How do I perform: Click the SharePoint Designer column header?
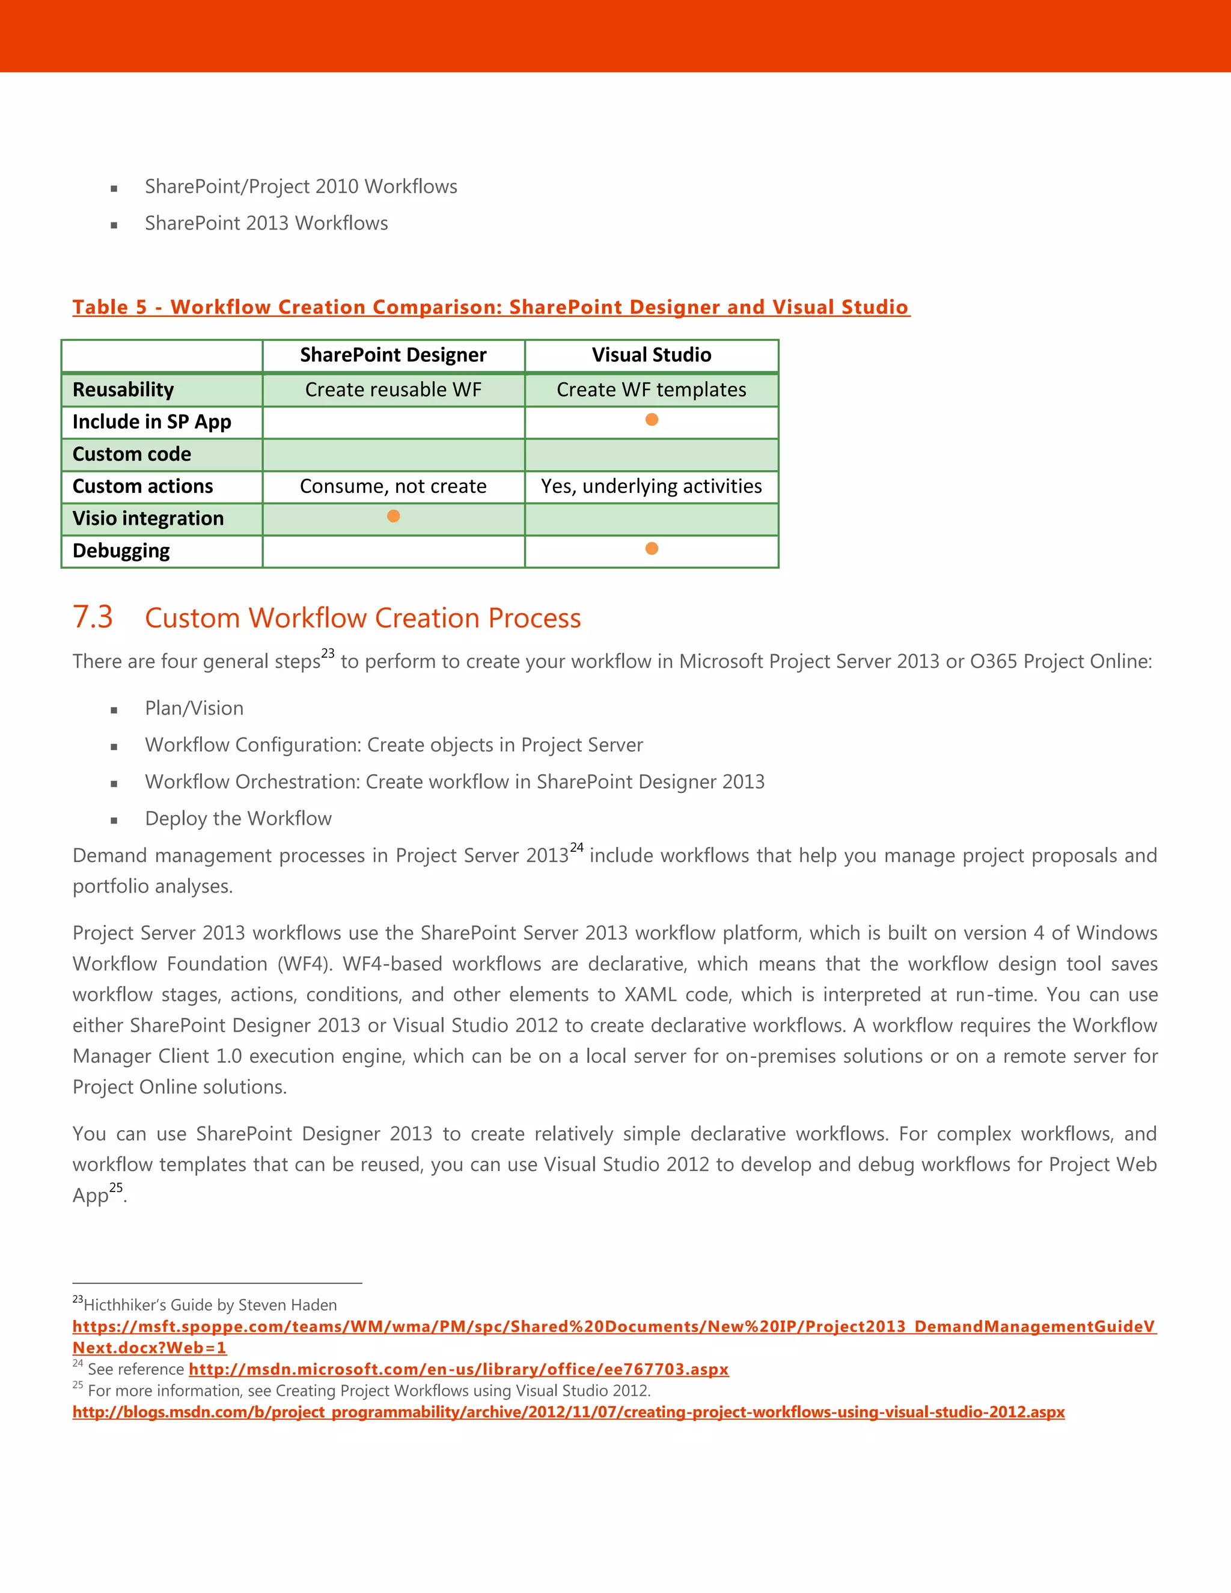(393, 355)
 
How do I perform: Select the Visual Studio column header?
(651, 355)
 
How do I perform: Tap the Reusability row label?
(123, 390)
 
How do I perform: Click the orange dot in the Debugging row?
(652, 548)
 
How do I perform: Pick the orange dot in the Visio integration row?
(393, 516)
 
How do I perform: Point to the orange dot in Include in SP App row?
(652, 420)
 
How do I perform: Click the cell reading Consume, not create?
(393, 486)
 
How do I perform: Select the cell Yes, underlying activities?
(651, 486)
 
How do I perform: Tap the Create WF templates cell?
(651, 390)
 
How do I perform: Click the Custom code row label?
(132, 454)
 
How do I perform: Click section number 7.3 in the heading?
(93, 617)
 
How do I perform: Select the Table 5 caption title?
(491, 307)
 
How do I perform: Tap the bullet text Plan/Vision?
(194, 708)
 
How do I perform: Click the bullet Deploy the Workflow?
(239, 818)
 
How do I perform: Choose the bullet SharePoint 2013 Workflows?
(266, 223)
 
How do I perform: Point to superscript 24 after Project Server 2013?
(577, 848)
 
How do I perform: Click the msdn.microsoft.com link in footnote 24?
(459, 1370)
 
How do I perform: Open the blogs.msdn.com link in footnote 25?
(568, 1412)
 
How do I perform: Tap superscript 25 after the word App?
(116, 1187)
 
